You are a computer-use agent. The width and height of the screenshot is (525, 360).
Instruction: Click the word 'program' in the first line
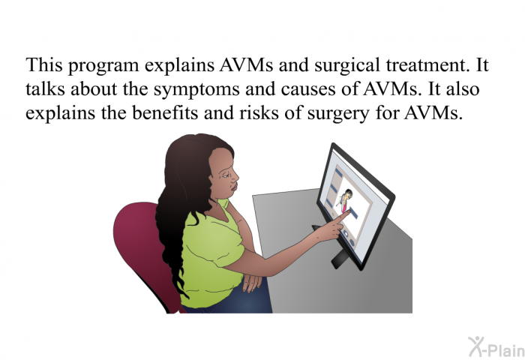103,67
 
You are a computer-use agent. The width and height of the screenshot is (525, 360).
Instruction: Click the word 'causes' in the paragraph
308,90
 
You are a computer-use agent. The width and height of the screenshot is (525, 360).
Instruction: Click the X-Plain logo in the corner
496,347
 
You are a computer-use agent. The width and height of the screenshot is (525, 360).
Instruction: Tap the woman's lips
235,185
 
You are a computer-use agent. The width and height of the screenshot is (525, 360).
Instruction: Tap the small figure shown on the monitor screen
344,200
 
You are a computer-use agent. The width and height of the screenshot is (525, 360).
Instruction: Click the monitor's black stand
338,258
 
